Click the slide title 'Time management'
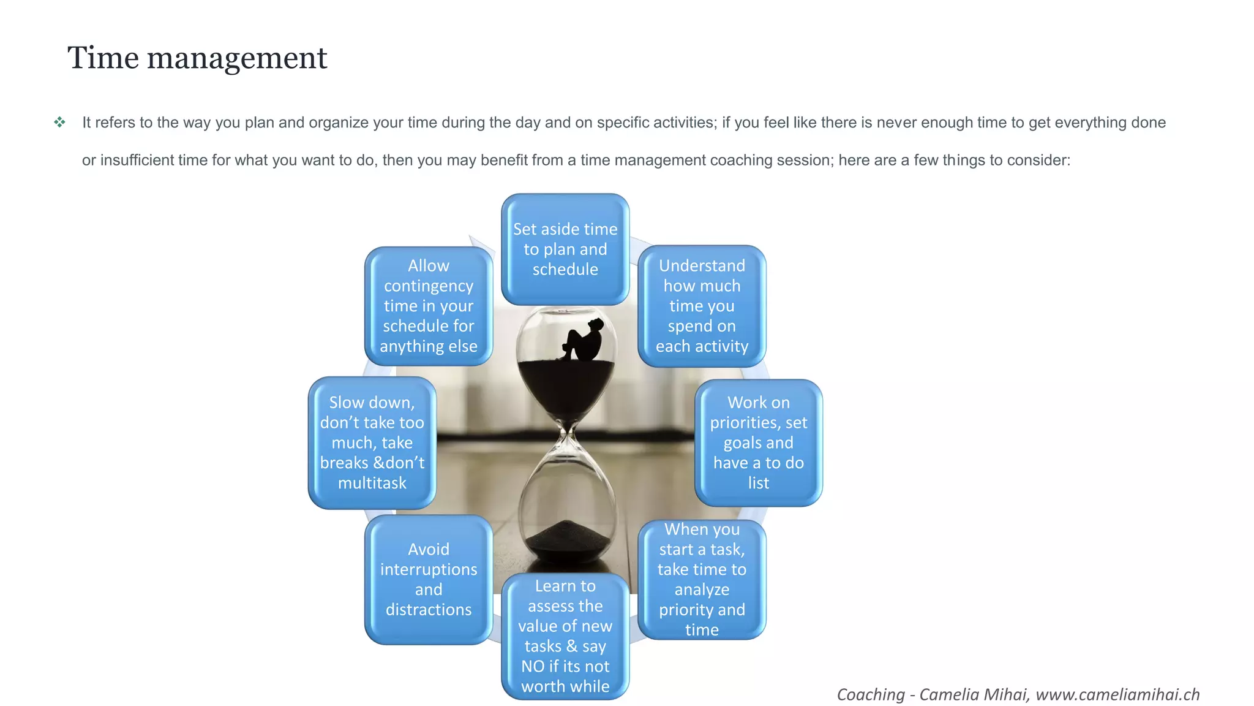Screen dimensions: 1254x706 [197, 58]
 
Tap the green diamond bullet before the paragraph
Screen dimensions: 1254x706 [59, 123]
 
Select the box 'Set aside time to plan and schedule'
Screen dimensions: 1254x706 [565, 249]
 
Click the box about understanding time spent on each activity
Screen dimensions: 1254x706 [702, 306]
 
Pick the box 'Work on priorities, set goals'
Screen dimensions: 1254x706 [758, 442]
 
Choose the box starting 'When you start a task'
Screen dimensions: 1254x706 [702, 579]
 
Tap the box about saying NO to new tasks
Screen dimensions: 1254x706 [565, 636]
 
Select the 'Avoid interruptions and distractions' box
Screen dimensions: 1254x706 [429, 579]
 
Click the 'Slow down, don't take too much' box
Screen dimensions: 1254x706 [372, 442]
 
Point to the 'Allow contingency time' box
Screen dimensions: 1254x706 [429, 306]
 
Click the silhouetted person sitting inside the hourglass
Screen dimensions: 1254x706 [583, 342]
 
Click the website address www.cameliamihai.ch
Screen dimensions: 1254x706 [1117, 694]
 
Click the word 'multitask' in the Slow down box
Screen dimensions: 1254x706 [372, 483]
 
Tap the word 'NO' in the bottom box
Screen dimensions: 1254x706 [533, 666]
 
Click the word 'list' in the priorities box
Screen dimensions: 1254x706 [758, 483]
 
